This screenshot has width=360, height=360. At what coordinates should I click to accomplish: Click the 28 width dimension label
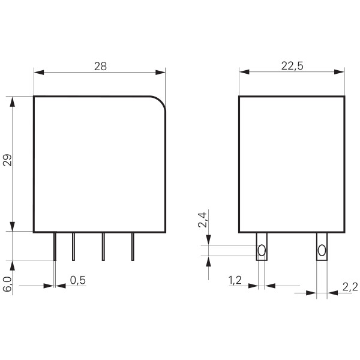click(x=100, y=66)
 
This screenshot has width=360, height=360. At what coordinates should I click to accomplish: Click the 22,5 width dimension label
click(x=292, y=66)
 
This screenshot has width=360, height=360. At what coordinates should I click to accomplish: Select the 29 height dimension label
click(x=7, y=160)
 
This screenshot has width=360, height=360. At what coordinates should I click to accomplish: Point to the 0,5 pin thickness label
click(x=77, y=280)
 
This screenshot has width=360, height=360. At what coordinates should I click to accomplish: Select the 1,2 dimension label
click(x=236, y=280)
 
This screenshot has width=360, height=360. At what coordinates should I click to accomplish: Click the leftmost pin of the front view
click(x=55, y=247)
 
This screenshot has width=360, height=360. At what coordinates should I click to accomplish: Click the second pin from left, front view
click(x=73, y=247)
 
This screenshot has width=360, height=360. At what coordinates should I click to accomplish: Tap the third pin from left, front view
click(x=103, y=247)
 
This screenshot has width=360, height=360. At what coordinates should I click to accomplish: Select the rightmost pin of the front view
click(x=132, y=247)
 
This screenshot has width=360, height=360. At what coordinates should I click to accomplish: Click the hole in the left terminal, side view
click(x=262, y=250)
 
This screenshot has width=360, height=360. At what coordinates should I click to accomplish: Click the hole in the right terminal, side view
click(x=322, y=250)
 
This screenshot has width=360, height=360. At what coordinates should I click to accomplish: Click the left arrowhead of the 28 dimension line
click(x=38, y=73)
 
